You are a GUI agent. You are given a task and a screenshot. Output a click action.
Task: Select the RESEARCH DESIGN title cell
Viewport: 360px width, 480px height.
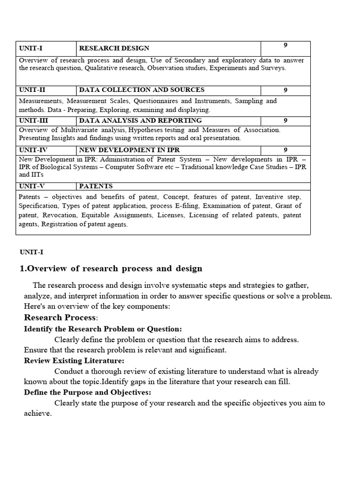coord(114,48)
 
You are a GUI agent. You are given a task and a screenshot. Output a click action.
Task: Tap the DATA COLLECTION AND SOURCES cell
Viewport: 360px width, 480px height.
coord(142,90)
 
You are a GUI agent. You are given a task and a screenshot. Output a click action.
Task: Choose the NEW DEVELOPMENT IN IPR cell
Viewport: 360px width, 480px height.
coord(129,150)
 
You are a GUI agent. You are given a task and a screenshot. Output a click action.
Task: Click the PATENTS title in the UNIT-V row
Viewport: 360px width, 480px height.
coord(96,186)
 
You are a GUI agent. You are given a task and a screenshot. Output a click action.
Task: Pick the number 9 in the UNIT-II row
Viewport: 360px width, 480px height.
coord(285,90)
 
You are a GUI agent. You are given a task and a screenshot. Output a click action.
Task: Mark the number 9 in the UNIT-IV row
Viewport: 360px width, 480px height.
coord(285,150)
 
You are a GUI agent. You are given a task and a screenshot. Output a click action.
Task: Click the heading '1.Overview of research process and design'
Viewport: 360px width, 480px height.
coord(111,269)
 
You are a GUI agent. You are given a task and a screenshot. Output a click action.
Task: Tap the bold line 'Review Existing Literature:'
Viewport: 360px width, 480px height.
coord(74,360)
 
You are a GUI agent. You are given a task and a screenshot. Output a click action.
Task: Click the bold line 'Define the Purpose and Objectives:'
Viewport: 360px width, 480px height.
coord(88,392)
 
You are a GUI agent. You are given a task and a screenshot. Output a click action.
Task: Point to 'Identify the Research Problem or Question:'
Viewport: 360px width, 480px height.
coord(103,329)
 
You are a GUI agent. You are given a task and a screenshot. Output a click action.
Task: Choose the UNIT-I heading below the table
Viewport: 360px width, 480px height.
coord(31,252)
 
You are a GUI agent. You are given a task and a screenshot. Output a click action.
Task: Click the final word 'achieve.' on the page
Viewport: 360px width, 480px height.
coord(37,413)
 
